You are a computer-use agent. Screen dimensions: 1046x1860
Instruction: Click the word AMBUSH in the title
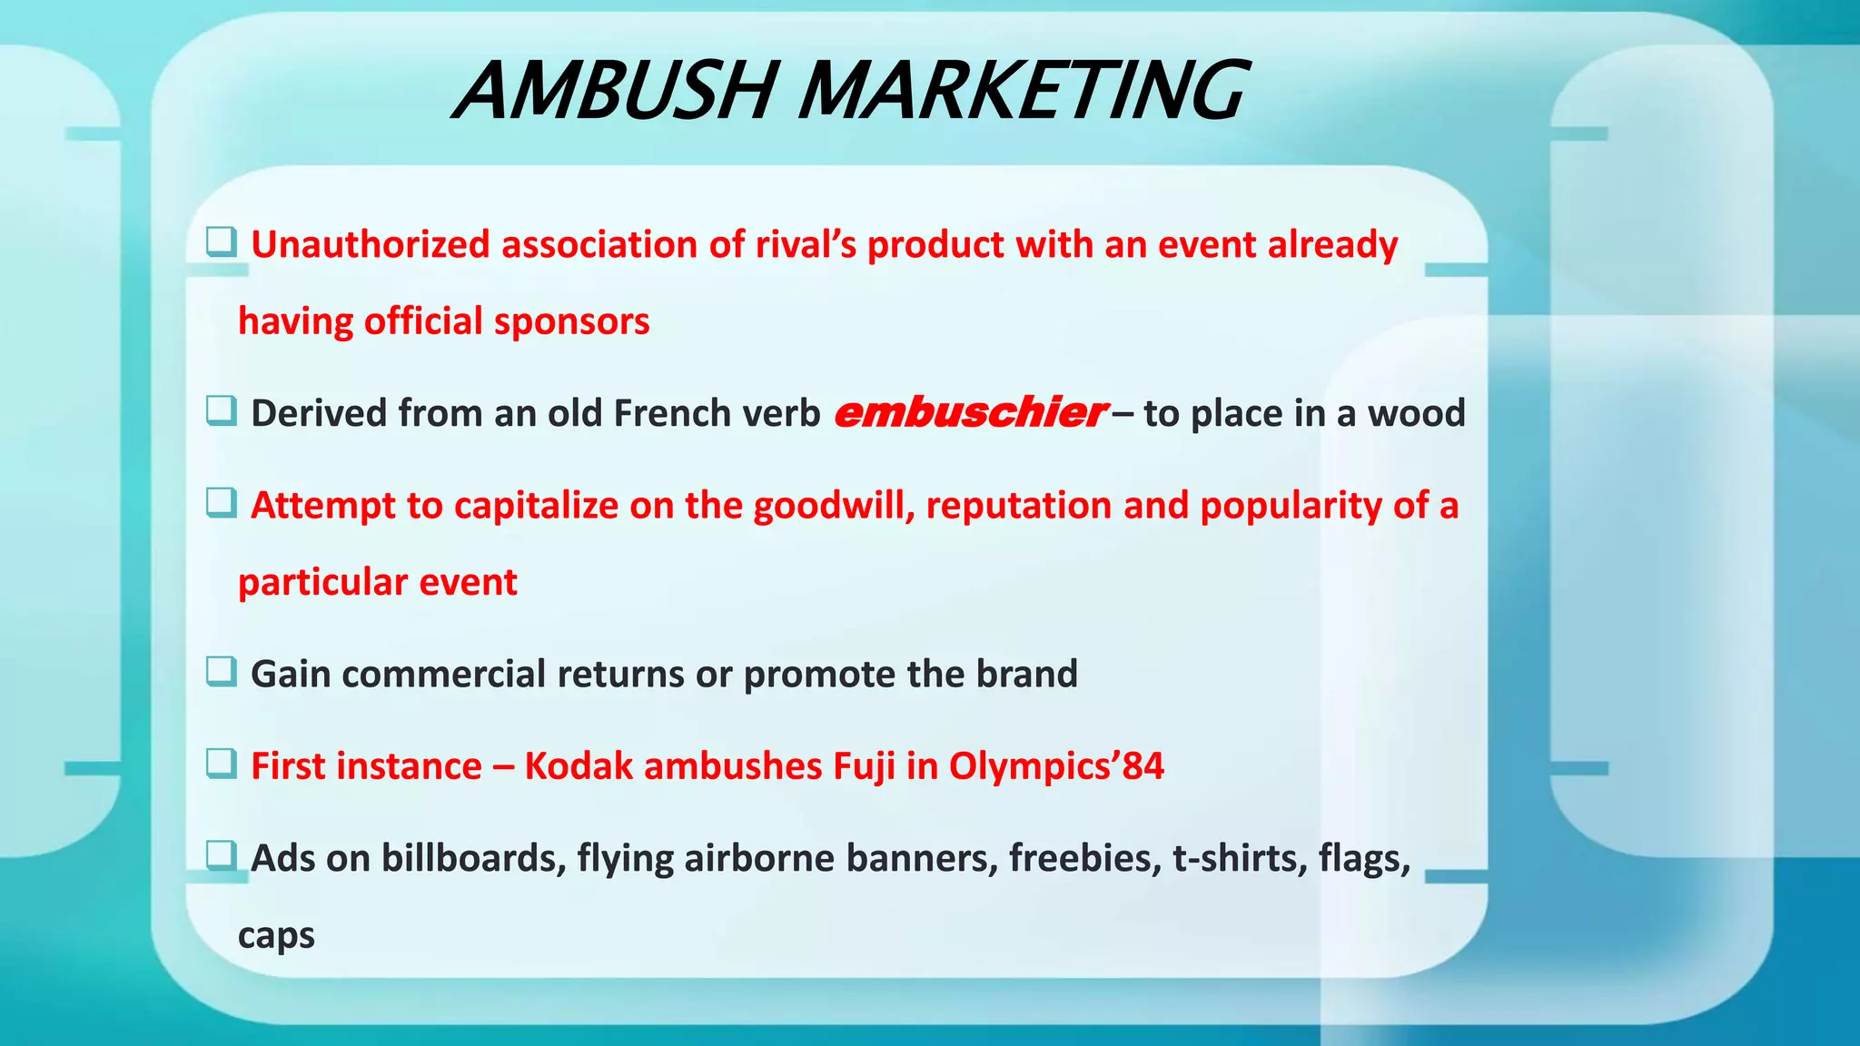point(615,90)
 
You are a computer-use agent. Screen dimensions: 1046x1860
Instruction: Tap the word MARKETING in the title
point(1021,90)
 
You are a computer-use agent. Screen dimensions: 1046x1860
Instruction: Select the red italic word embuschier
point(969,413)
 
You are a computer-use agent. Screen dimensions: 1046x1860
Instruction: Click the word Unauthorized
point(371,244)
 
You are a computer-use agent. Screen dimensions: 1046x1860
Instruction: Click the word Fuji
point(864,765)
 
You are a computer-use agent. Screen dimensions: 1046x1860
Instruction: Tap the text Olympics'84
point(1056,765)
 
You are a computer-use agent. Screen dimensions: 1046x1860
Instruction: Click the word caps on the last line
point(276,934)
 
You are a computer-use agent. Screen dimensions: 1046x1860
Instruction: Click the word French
point(672,413)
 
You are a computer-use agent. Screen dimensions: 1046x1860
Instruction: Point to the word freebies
point(1084,857)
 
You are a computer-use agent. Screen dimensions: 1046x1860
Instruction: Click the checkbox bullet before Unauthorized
point(221,242)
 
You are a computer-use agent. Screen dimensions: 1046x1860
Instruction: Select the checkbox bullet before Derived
point(221,410)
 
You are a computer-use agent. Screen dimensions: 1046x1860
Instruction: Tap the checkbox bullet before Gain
point(221,672)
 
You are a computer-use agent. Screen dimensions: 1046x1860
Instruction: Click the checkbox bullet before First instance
point(221,764)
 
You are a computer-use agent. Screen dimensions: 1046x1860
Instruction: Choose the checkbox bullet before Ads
point(221,855)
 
